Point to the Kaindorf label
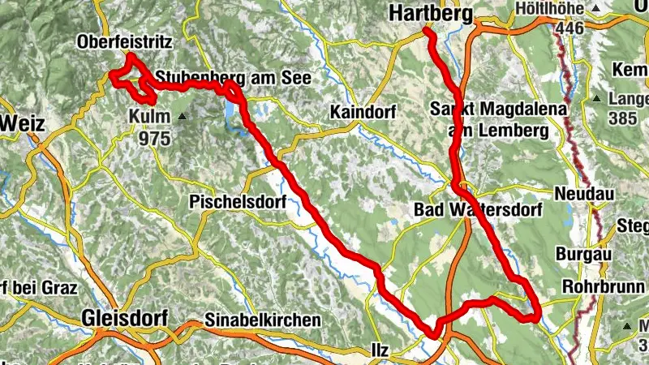click(361, 112)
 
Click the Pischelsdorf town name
click(238, 201)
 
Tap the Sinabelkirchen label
click(263, 320)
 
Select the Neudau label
click(584, 195)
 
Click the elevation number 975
click(154, 138)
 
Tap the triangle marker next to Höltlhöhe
click(596, 9)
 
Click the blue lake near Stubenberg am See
click(233, 109)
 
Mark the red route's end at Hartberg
click(426, 32)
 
